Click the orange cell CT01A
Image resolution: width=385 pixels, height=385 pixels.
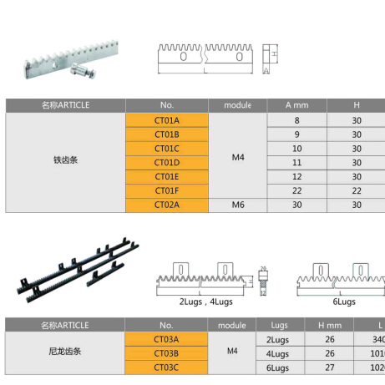point(167,120)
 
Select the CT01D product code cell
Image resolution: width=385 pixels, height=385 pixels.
point(167,162)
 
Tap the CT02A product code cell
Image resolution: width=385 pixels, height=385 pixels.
point(167,205)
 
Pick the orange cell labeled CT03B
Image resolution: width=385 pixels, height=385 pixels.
point(167,352)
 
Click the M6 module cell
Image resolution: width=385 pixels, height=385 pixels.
point(237,205)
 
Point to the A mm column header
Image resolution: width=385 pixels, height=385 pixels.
point(296,105)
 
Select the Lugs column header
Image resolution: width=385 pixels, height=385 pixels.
point(278,325)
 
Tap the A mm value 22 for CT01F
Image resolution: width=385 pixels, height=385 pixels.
point(296,190)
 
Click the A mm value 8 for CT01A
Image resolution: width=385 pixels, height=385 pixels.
point(296,120)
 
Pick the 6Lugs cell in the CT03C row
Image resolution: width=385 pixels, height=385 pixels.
point(278,367)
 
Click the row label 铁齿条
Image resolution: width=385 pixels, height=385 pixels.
point(65,155)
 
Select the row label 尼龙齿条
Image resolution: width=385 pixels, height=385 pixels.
point(65,352)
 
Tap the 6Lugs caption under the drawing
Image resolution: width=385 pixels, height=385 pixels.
point(344,300)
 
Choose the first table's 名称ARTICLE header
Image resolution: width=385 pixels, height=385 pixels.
point(65,105)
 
